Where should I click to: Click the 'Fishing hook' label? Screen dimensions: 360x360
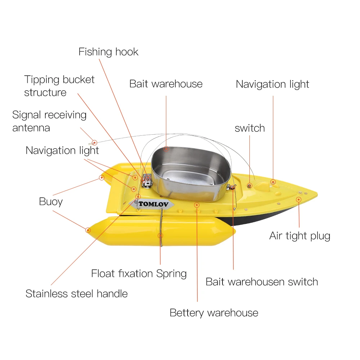(108, 52)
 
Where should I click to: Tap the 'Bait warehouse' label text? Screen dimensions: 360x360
(166, 84)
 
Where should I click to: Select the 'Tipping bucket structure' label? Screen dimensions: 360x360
(59, 86)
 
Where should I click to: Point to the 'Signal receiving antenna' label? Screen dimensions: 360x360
(49, 121)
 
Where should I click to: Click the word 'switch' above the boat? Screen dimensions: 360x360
(249, 128)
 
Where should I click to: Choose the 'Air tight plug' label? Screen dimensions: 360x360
(300, 236)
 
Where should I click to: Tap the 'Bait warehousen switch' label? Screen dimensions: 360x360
(262, 282)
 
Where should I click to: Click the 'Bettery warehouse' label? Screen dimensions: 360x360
(214, 313)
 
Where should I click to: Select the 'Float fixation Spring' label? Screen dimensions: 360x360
(139, 274)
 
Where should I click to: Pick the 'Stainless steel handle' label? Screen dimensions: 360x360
(76, 294)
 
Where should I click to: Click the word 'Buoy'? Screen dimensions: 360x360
(51, 202)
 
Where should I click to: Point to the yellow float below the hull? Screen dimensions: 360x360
(162, 230)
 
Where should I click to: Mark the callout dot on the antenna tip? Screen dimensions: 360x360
(95, 143)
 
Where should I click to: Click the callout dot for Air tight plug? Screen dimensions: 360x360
(298, 199)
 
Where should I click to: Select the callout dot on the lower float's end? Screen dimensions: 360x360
(88, 230)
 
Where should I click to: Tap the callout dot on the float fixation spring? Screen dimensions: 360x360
(161, 235)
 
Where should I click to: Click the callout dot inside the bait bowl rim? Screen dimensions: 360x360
(166, 148)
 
